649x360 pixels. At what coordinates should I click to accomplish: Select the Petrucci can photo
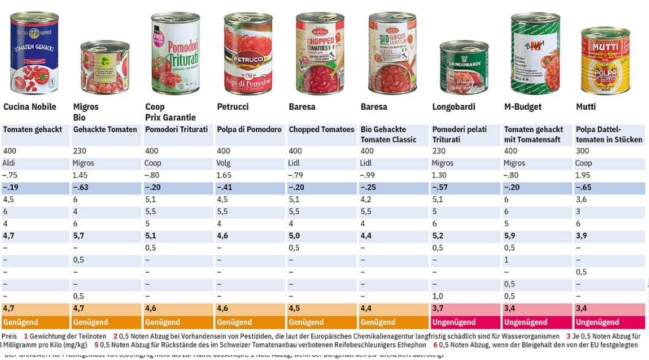coord(248,53)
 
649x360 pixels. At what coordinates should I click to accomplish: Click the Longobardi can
coord(464,67)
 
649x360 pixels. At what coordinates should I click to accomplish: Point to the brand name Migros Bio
coord(86,112)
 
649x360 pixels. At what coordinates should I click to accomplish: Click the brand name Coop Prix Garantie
coord(171,112)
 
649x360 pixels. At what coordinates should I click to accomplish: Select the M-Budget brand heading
coord(523,107)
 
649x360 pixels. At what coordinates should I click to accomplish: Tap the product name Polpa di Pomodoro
coord(249,130)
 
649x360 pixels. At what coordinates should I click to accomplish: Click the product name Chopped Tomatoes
coord(321,130)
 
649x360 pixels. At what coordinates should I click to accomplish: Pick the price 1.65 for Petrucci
coord(225,175)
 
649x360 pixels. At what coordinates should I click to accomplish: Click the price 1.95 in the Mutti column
coord(583,175)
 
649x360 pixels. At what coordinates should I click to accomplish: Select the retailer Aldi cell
coord(9,163)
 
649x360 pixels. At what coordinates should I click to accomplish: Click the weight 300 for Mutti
coord(582,151)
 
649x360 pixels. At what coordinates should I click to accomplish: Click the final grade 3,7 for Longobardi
coord(438,308)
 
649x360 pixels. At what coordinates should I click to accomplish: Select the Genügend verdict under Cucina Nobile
coord(21,322)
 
